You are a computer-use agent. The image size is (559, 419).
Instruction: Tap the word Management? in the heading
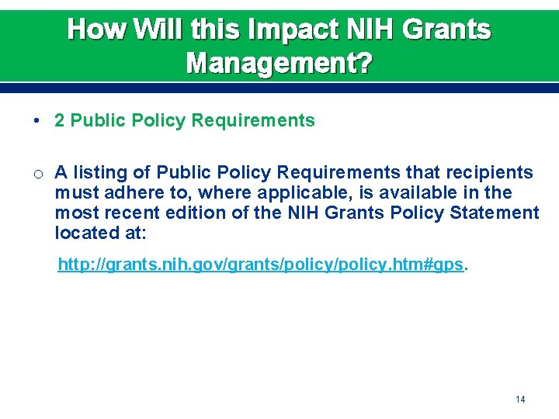coord(279,63)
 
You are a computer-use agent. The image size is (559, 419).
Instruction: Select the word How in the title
coord(90,29)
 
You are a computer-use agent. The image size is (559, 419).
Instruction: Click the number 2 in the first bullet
coord(59,120)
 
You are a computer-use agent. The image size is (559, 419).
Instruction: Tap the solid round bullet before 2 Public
coord(37,121)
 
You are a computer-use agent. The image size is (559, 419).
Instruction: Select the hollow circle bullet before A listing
coord(37,173)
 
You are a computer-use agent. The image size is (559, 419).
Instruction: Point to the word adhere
coord(128,192)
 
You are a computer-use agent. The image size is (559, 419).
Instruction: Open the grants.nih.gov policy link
coord(262,265)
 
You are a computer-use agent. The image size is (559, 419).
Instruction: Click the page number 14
coord(520,399)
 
